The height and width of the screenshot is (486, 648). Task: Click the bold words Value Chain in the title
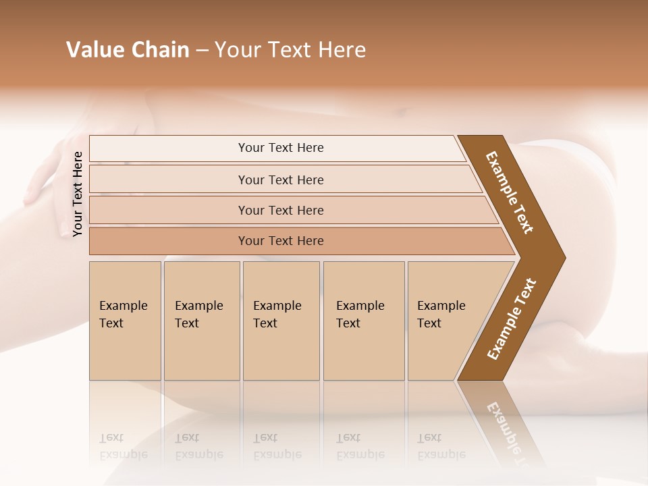(128, 50)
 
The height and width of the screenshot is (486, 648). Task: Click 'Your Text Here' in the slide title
(290, 50)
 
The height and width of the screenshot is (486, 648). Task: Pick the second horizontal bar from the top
(281, 180)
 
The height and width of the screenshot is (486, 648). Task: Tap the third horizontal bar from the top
(281, 210)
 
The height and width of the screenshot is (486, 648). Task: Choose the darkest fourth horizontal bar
(281, 241)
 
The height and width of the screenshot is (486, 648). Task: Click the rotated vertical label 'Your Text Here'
(78, 194)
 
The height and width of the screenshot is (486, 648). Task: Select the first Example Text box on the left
(125, 321)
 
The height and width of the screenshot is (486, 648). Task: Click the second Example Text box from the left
(201, 321)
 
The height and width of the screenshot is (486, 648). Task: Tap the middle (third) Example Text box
(280, 321)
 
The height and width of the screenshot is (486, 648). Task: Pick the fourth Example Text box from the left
(363, 321)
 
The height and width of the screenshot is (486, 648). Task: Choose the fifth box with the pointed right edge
(449, 321)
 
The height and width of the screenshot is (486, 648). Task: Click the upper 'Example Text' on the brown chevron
(510, 192)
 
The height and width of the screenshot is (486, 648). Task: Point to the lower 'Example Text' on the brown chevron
(512, 319)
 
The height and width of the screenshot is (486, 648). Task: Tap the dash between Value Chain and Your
(202, 50)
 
